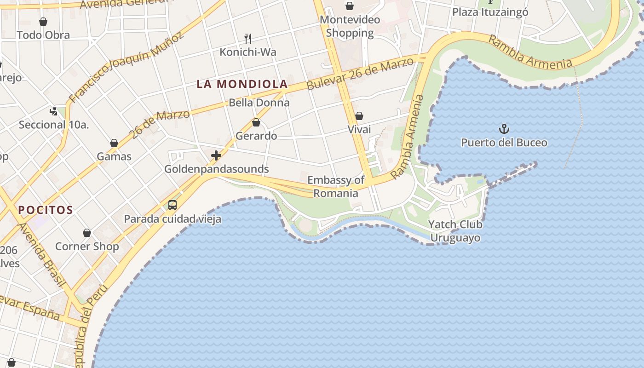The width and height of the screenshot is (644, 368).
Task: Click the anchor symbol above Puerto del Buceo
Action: (x=505, y=128)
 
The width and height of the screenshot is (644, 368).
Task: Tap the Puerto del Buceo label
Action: (x=504, y=143)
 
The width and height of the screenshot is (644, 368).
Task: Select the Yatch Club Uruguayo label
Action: (x=455, y=231)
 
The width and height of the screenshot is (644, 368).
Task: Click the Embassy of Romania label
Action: (x=336, y=186)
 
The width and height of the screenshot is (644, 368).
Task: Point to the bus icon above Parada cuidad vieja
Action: (x=172, y=205)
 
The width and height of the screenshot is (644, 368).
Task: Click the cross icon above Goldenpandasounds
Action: (x=216, y=155)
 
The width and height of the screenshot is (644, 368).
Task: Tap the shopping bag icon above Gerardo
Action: (x=256, y=122)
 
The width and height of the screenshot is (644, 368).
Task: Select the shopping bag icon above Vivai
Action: (x=359, y=116)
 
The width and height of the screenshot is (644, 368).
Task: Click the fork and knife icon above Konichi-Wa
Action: (x=248, y=38)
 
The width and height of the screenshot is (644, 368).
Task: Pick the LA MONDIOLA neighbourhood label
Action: (x=242, y=84)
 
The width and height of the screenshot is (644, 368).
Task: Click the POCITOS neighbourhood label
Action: (x=46, y=210)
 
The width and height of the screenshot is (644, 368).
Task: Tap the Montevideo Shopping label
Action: (x=350, y=26)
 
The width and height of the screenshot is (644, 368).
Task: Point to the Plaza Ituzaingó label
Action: (x=490, y=12)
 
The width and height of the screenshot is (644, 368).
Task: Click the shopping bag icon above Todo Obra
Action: (x=43, y=22)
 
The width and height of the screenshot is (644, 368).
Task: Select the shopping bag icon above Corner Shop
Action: (x=87, y=233)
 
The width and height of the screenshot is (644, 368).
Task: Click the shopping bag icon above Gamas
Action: (x=114, y=144)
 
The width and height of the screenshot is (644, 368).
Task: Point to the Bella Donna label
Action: (x=259, y=103)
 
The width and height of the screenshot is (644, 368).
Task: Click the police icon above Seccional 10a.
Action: (x=54, y=111)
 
